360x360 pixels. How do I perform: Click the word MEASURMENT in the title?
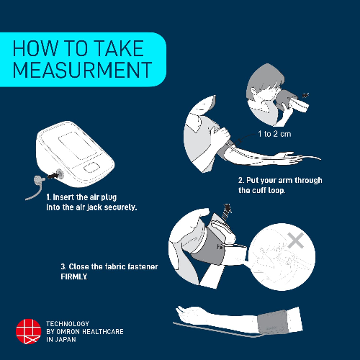tap(82, 70)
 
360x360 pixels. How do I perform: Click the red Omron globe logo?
tap(28, 331)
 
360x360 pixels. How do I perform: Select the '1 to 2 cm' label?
tap(274, 134)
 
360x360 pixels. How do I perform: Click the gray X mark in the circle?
tap(296, 240)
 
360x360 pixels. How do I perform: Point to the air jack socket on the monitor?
tap(59, 174)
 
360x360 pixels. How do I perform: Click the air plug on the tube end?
tap(40, 179)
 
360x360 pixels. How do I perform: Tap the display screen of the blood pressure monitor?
tap(77, 145)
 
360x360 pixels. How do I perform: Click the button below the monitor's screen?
tap(91, 167)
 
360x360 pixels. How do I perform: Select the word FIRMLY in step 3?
tap(73, 276)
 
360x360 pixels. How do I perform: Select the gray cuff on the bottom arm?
tap(273, 323)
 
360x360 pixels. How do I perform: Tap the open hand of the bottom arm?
tap(191, 312)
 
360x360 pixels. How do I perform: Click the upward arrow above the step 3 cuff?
tap(227, 211)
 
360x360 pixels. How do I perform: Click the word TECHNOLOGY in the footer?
tap(68, 324)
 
